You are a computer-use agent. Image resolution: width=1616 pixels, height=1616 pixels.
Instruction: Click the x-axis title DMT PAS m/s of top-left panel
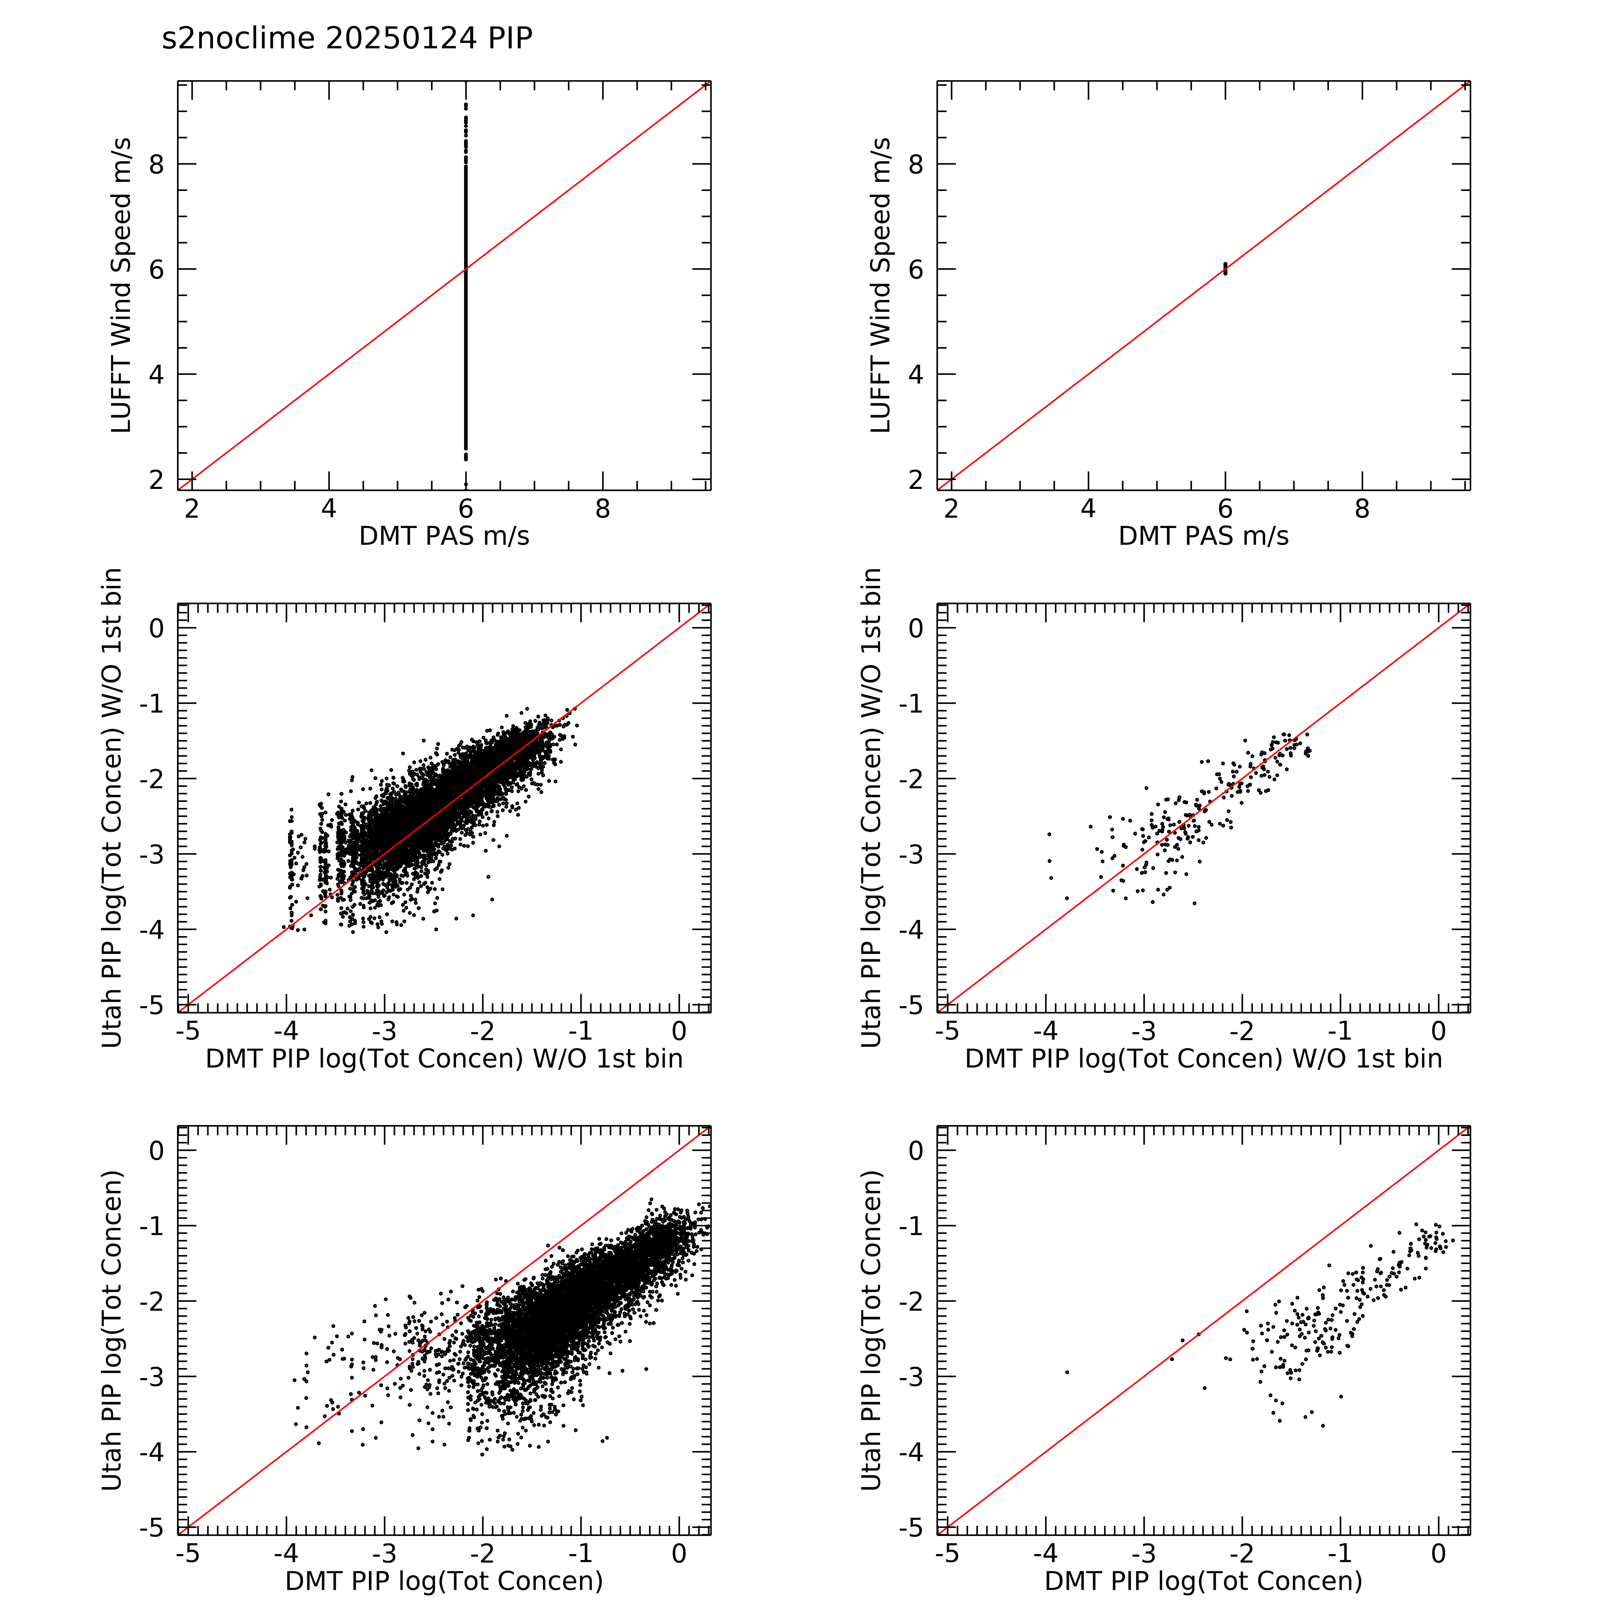(444, 536)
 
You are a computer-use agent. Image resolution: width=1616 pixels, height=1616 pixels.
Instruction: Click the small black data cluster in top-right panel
(1225, 268)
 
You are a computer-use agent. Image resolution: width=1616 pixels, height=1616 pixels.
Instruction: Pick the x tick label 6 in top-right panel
(1225, 509)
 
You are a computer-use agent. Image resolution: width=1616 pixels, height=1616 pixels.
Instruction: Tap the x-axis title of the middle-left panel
(444, 1059)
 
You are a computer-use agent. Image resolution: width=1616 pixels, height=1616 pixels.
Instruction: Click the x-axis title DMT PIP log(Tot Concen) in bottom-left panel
(444, 1581)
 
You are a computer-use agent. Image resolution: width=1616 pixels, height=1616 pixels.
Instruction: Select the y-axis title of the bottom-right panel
(872, 1330)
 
